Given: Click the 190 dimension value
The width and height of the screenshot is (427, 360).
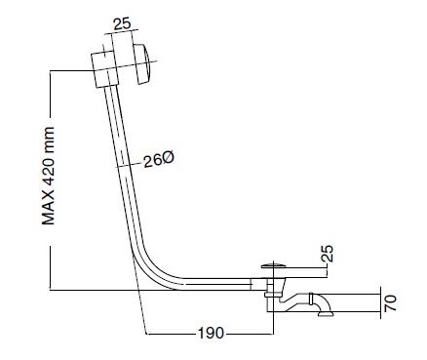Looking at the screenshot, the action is point(211,333).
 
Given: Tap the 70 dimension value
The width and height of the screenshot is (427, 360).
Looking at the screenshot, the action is point(391,303).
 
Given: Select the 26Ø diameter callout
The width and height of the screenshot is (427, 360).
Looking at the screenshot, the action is point(159,159).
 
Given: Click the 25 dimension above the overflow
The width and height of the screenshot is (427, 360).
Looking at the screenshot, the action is point(122,24).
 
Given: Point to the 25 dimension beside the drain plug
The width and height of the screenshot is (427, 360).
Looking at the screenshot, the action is point(329,254).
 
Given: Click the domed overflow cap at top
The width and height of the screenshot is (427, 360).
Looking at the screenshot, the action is point(142,63).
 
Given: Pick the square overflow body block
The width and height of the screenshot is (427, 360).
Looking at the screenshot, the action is point(104,69).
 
